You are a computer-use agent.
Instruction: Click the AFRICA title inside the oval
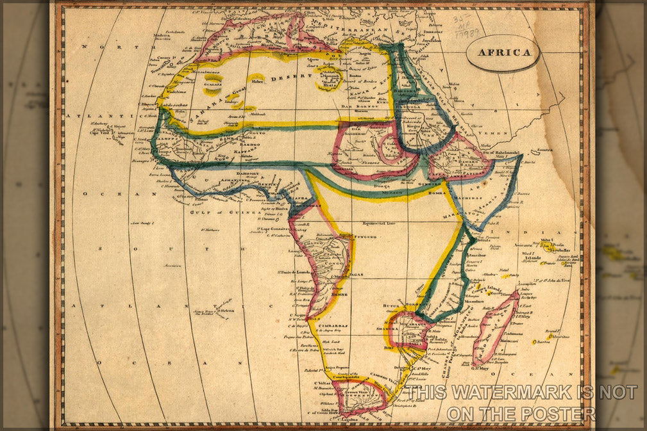click(x=502, y=53)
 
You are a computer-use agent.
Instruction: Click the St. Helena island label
click(x=225, y=311)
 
